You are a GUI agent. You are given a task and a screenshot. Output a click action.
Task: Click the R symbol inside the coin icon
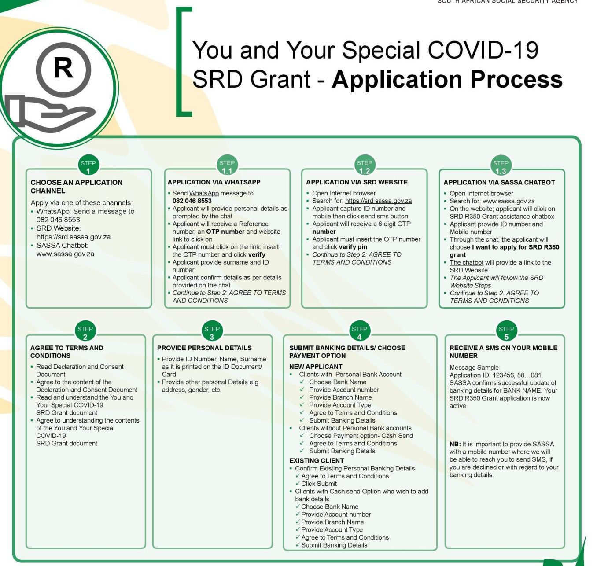coord(63,69)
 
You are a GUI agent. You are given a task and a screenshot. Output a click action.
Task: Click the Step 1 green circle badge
coord(88,166)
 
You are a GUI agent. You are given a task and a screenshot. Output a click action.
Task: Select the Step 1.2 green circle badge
coord(364,166)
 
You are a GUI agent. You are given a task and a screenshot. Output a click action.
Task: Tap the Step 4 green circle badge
coord(359,332)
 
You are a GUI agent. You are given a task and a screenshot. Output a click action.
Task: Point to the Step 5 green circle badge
coord(506,332)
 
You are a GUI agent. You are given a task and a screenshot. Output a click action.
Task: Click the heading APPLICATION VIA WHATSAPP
coord(214,182)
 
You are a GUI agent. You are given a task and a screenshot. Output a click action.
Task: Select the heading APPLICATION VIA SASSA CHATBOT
coord(499,182)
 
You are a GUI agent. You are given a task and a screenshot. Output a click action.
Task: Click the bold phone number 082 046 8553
coord(192,201)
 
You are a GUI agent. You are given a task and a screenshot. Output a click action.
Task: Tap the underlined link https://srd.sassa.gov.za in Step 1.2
coord(378,201)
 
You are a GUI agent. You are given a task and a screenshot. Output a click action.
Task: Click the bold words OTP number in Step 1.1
coord(225,232)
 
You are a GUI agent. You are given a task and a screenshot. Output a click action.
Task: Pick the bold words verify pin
coord(353,247)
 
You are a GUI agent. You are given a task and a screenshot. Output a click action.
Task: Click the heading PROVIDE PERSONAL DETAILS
coord(204,348)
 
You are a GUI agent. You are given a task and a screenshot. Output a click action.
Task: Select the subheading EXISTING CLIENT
coord(317,460)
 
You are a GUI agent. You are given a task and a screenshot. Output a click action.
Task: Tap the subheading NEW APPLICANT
coord(316,367)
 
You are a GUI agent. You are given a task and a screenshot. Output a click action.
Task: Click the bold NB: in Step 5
coord(455,444)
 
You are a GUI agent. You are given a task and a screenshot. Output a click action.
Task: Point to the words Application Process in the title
coord(447,79)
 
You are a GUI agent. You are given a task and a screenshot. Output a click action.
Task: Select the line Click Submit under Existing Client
coord(319,484)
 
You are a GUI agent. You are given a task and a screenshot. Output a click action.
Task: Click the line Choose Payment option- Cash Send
coord(361,436)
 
